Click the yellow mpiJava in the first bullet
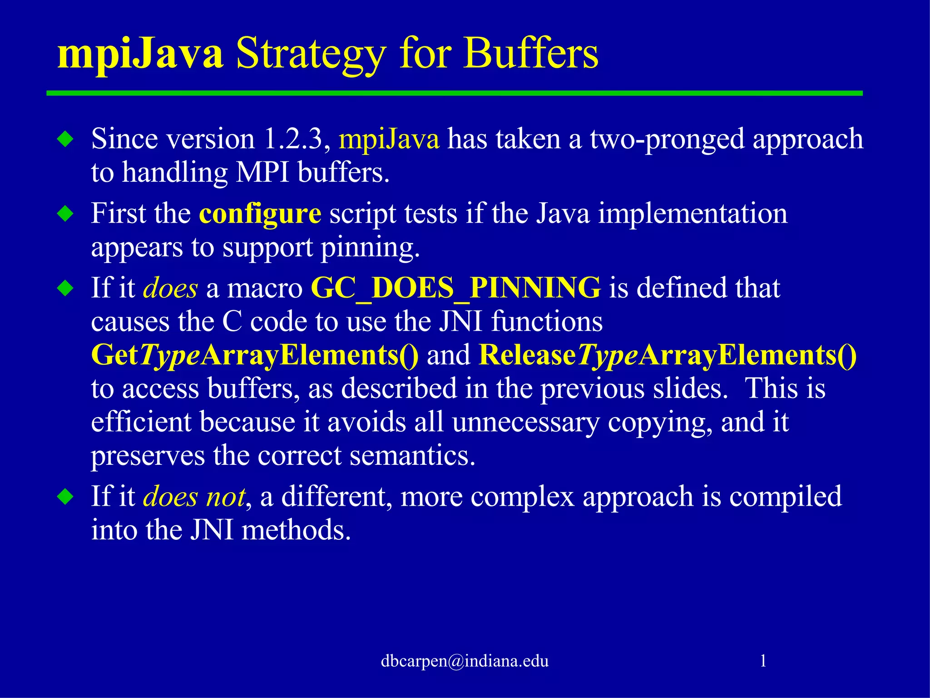[389, 140]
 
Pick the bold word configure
[260, 214]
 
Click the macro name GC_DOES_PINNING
[455, 288]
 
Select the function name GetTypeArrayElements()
[255, 355]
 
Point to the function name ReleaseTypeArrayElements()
[668, 355]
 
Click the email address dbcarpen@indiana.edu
[465, 661]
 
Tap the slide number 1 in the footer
[763, 660]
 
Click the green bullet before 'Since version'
[66, 139]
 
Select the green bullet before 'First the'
[66, 213]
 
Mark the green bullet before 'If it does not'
[66, 496]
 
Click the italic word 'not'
[226, 497]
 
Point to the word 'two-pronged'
[667, 140]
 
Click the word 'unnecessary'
[525, 422]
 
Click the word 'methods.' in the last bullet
[296, 530]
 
